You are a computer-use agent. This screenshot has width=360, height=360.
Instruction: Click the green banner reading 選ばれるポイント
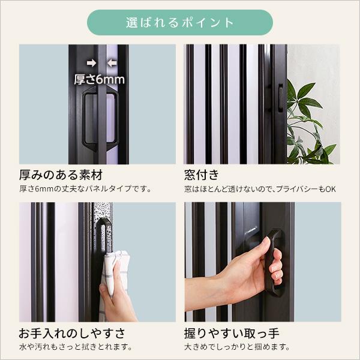click(x=180, y=23)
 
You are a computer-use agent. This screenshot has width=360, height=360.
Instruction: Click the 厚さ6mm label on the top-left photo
click(x=99, y=79)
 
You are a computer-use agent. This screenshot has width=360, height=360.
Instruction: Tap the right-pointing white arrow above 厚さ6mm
click(x=91, y=62)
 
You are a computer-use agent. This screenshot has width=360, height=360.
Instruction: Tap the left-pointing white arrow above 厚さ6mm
click(x=111, y=62)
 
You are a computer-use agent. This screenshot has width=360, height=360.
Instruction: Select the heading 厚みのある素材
click(x=61, y=175)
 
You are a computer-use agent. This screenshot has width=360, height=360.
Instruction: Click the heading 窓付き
click(x=202, y=175)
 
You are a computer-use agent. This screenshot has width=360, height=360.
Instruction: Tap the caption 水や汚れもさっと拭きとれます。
click(x=76, y=347)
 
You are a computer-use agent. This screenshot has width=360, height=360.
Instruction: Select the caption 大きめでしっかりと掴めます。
click(x=237, y=347)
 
